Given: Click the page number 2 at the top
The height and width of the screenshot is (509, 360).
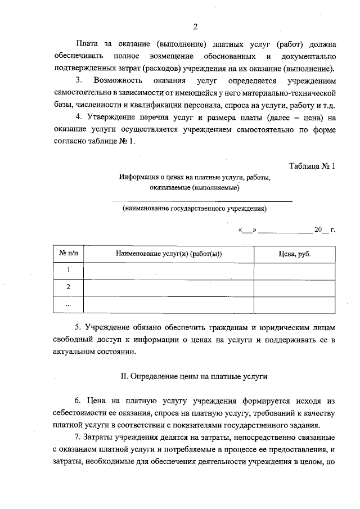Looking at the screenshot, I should pos(195,27).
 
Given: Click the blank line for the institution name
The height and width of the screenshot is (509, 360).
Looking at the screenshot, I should pos(202,200).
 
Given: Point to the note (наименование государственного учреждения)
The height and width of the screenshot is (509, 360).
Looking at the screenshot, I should pos(195,209).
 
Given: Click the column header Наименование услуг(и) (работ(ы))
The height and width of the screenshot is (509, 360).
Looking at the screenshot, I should pos(169,254).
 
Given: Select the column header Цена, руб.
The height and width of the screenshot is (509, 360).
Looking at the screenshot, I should pos(295,254).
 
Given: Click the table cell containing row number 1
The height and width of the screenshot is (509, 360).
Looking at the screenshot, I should pos(68,270).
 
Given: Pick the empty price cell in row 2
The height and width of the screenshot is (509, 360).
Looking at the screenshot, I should pos(295,287).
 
